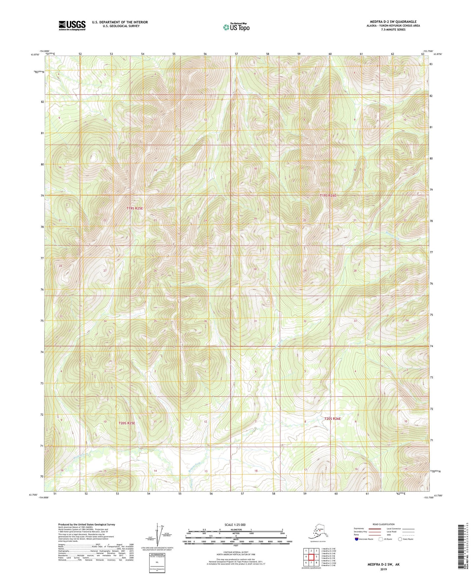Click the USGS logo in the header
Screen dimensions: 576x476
72,25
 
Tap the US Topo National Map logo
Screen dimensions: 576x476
236,27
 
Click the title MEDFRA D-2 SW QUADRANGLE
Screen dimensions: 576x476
393,22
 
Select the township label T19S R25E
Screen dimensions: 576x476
135,208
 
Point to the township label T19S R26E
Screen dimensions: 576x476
328,196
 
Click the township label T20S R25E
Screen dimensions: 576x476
127,423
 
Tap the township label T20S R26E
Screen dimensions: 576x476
332,419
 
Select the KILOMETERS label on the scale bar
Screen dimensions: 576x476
236,529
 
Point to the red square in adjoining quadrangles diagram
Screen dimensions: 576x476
311,557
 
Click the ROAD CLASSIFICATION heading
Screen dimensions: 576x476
383,524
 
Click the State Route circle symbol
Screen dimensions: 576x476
400,539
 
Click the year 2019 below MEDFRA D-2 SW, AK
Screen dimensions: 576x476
383,569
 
